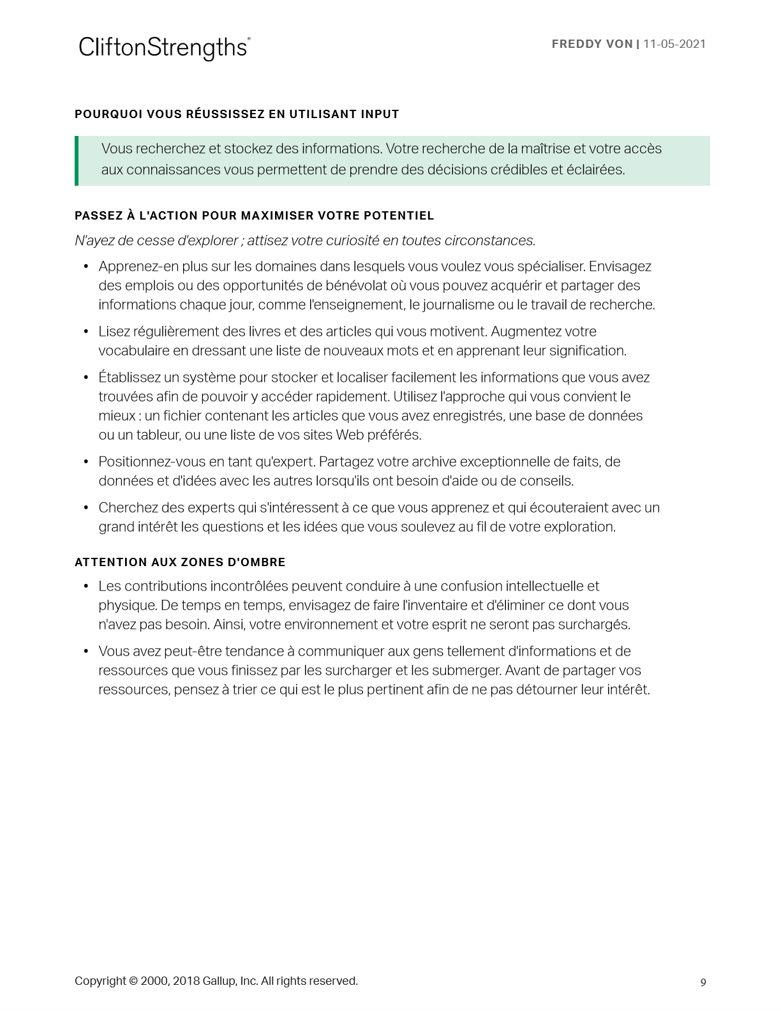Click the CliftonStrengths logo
[x=163, y=48]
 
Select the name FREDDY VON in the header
[x=591, y=44]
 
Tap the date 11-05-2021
[x=674, y=44]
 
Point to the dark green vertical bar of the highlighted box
[x=77, y=161]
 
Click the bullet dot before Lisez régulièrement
[x=86, y=332]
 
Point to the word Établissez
[x=130, y=378]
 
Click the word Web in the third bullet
[x=350, y=435]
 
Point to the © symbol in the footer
[x=133, y=981]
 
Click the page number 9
[x=703, y=982]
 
